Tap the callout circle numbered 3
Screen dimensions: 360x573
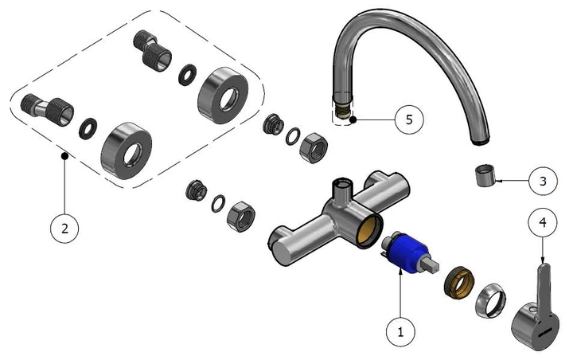coord(543,181)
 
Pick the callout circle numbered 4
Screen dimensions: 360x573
coord(542,224)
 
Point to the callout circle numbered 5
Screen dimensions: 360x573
coord(409,119)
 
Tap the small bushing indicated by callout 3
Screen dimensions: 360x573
coord(483,174)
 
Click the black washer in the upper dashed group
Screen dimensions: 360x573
coord(186,73)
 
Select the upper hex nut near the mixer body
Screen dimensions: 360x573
coord(309,143)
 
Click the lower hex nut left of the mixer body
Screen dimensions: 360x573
coord(240,215)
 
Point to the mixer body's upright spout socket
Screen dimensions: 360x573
coord(343,189)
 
